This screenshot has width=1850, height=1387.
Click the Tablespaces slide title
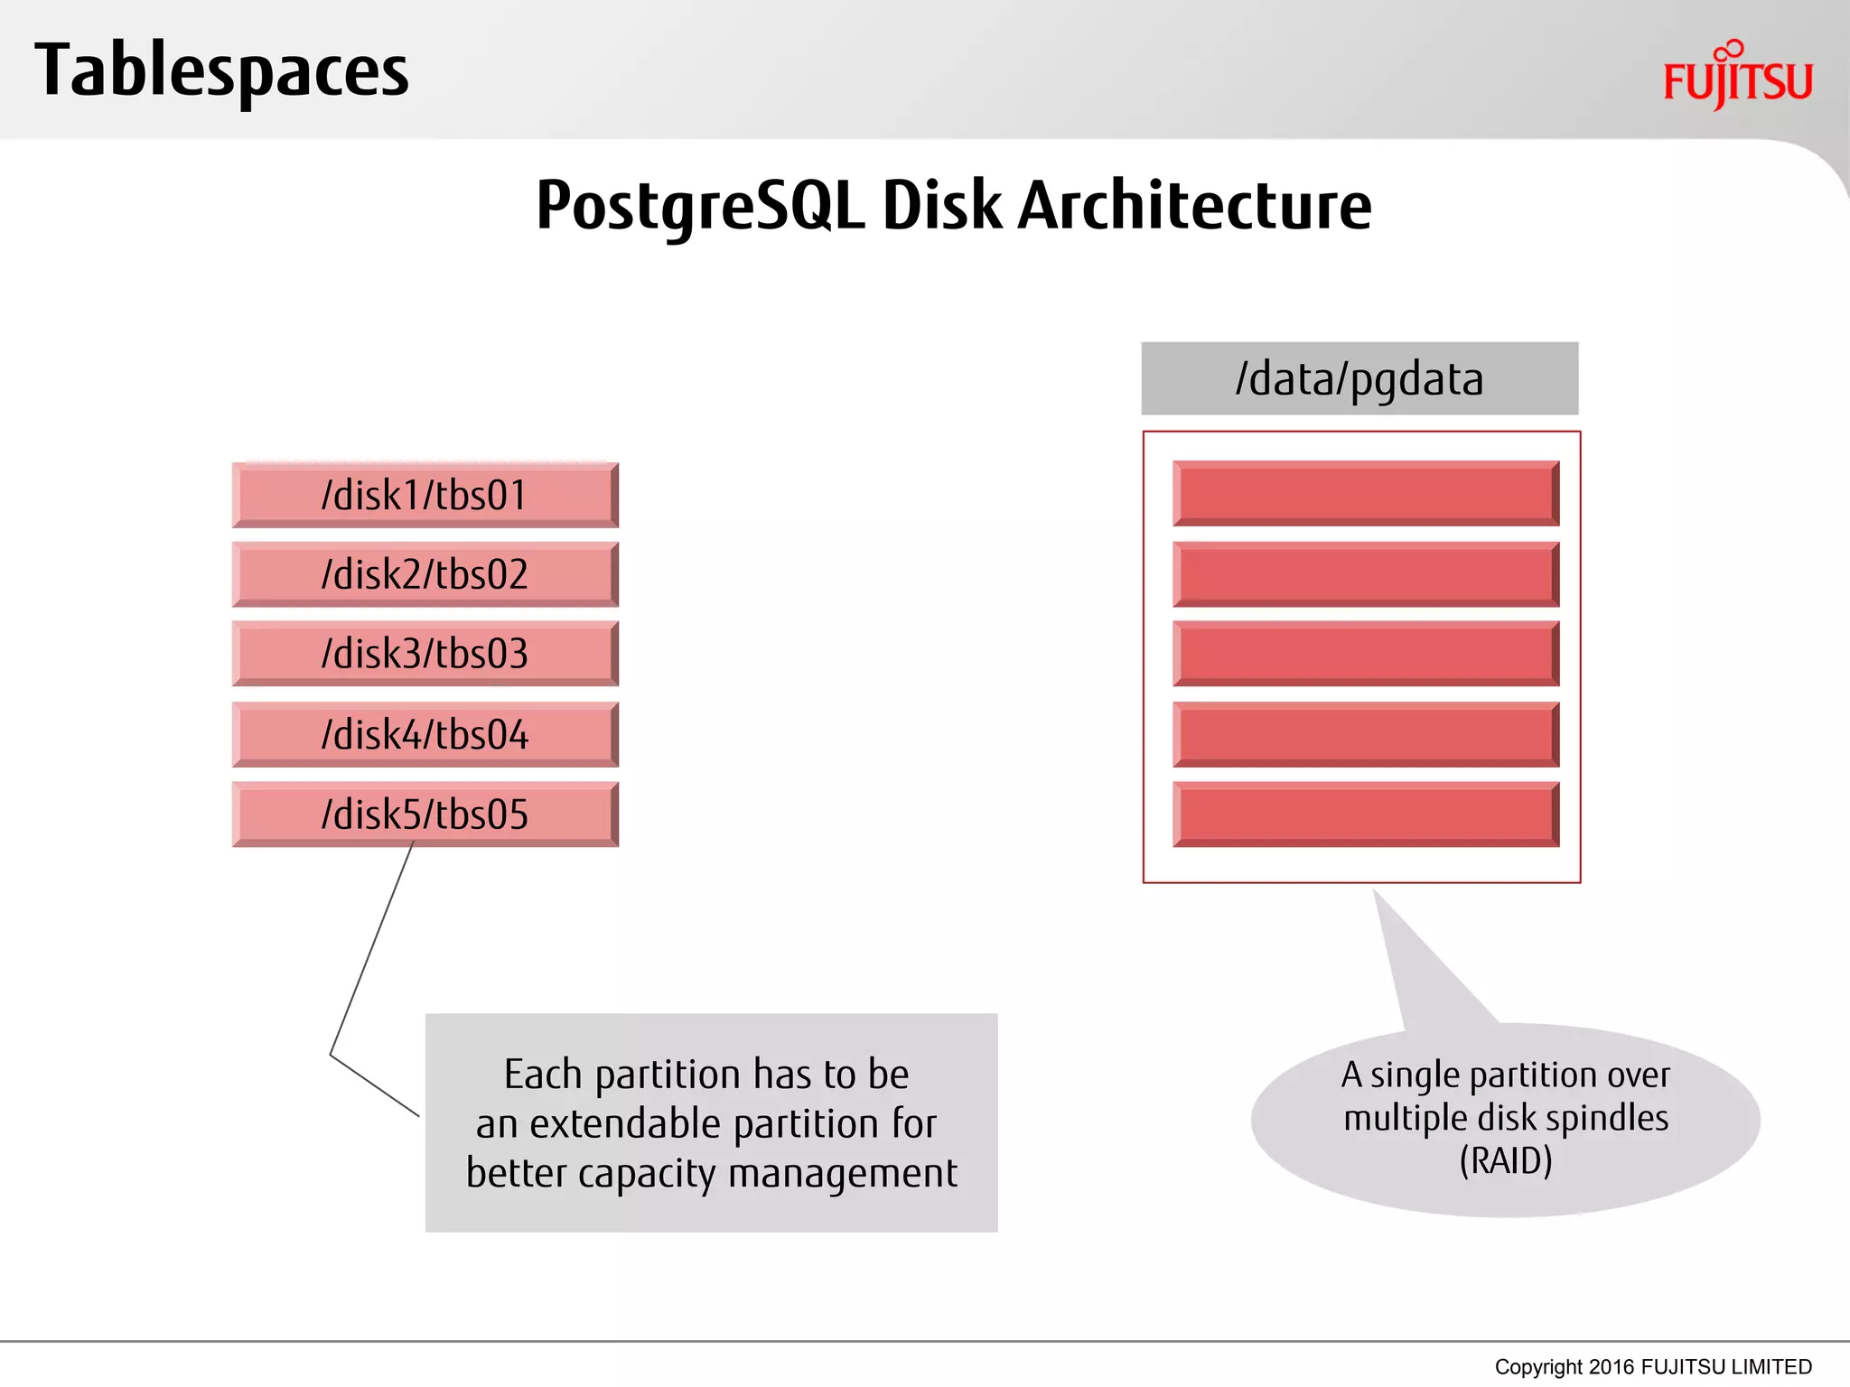[x=221, y=70]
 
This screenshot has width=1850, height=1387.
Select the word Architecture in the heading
[x=1194, y=206]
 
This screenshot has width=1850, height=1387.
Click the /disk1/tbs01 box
[x=425, y=495]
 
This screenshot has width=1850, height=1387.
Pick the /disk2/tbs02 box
[x=425, y=574]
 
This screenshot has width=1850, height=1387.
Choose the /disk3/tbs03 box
[x=425, y=654]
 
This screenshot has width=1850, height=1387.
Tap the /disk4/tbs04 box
[x=425, y=734]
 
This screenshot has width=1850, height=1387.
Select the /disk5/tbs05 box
[x=425, y=814]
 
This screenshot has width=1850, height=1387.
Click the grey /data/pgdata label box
[x=1359, y=378]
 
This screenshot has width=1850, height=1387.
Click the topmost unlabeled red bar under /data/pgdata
[x=1366, y=494]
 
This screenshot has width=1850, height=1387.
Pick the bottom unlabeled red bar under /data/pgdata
[x=1366, y=814]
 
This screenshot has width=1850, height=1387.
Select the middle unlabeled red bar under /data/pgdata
[x=1366, y=654]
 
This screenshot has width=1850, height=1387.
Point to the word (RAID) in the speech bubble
[x=1506, y=1160]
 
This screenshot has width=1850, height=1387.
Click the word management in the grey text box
[x=842, y=1173]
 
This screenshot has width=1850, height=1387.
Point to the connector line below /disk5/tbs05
[x=370, y=948]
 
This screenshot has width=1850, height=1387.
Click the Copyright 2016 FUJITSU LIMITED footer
[x=1652, y=1366]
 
